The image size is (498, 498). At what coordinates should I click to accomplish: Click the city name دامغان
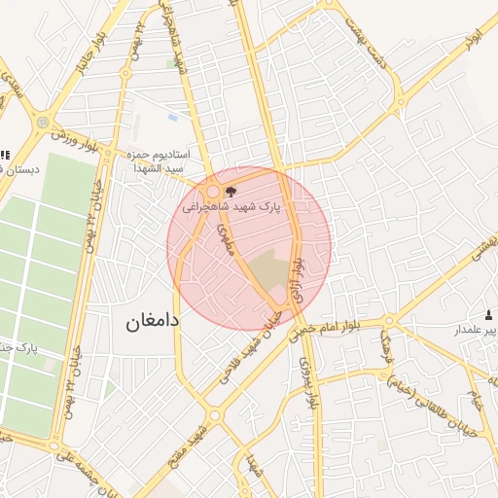point(153,321)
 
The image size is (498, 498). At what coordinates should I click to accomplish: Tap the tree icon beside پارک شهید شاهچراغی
point(230,193)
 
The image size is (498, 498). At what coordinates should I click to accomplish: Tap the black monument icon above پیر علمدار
point(489,314)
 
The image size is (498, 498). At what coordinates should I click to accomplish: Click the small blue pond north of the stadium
point(172,118)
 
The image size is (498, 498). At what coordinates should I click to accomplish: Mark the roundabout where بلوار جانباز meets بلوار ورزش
point(43,123)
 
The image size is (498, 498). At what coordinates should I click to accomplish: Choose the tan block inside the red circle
point(269,267)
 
